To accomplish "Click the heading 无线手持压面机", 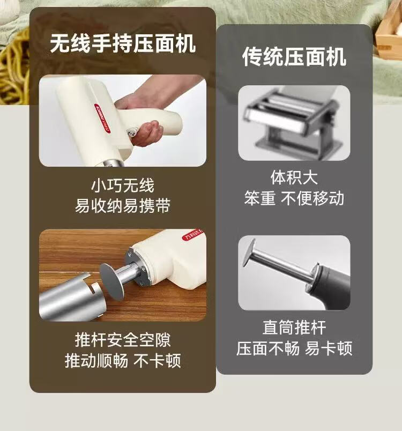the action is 123,43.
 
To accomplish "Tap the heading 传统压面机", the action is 294,57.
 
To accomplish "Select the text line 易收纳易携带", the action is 123,205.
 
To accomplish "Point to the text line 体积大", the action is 294,177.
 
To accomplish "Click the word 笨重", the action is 259,198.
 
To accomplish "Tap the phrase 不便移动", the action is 312,198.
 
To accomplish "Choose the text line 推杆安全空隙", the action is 123,340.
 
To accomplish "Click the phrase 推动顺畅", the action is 96,360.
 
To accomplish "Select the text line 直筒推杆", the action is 294,328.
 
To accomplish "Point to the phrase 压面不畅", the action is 268,348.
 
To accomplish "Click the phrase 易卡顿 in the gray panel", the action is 329,348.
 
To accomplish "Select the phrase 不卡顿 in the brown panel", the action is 158,360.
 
